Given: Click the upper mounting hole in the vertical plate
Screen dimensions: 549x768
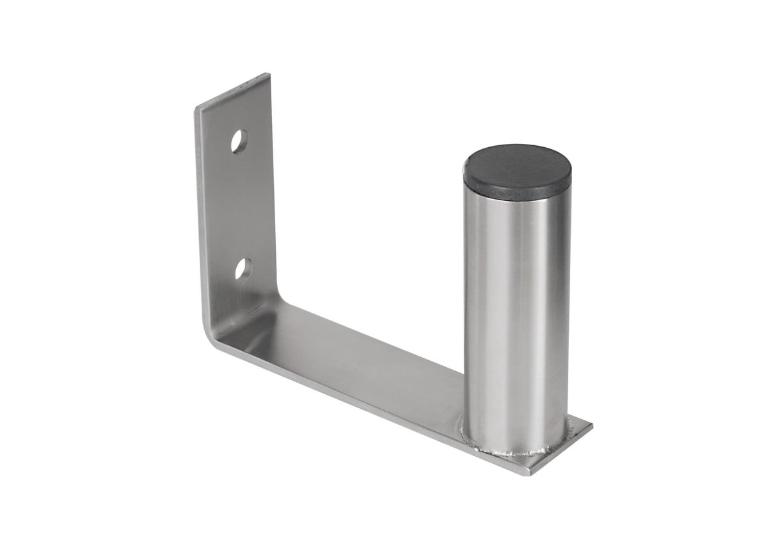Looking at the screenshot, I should click(239, 141).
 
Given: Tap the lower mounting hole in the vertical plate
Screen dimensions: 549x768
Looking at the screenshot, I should click(243, 269).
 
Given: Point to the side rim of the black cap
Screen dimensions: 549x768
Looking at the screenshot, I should click(517, 189).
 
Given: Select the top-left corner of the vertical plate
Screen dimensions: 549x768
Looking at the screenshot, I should click(196, 110).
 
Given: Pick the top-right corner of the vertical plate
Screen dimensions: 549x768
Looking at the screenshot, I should click(269, 75).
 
